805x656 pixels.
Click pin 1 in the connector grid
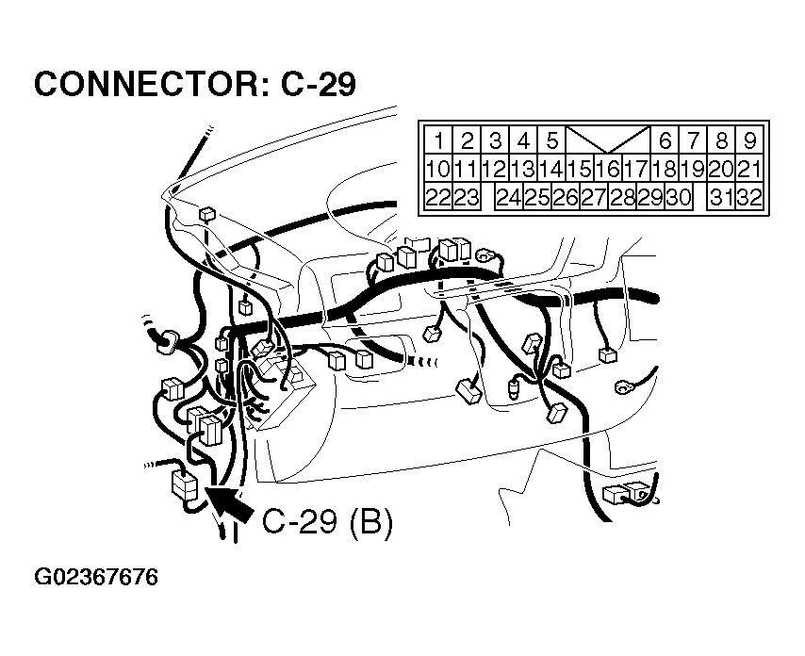438,140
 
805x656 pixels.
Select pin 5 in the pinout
551,140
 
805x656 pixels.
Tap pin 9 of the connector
750,140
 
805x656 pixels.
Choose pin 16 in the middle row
608,169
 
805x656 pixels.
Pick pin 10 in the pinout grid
438,169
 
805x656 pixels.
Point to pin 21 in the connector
750,169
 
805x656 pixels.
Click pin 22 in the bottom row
438,197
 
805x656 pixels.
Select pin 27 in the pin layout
594,197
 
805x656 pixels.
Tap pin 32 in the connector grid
750,197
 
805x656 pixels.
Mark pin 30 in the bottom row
679,197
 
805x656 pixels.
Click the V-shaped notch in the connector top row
608,139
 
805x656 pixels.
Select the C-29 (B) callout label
328,522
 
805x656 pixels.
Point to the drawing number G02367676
96,577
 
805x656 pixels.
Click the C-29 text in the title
319,84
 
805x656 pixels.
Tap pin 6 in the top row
665,140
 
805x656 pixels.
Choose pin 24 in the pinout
509,197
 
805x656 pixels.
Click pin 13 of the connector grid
524,169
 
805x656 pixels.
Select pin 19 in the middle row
693,169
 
